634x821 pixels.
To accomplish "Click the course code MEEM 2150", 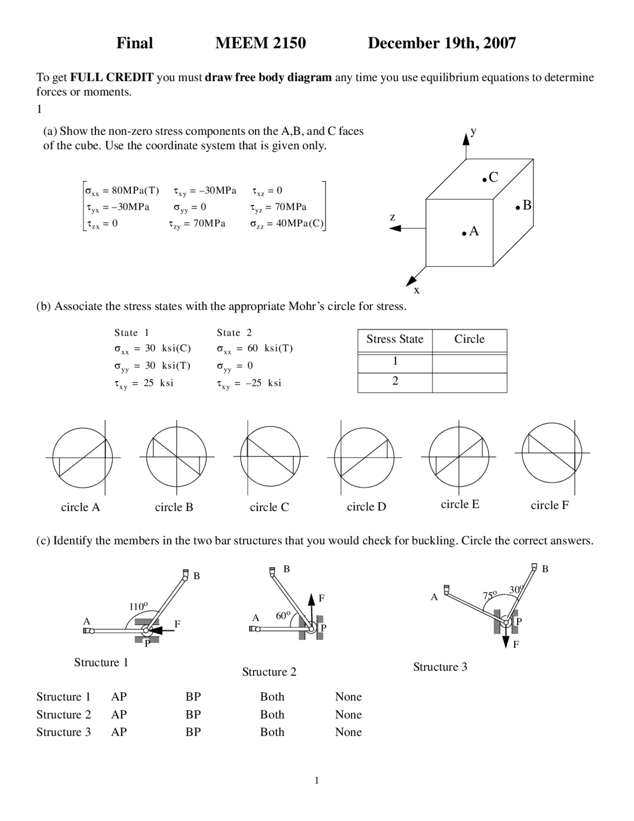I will point(261,43).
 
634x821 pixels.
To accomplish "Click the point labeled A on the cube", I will point(465,233).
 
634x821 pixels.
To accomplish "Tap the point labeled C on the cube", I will point(485,179).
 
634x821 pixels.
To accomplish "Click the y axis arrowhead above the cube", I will point(466,138).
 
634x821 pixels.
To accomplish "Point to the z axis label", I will point(392,217).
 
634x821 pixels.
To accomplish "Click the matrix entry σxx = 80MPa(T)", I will point(122,191).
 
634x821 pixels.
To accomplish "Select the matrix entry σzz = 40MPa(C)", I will point(287,224).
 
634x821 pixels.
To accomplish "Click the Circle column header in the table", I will point(469,339).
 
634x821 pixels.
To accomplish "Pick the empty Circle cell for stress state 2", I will point(469,382).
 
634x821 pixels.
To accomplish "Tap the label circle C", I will point(269,507).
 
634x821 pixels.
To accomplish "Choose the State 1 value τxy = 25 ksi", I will point(144,383).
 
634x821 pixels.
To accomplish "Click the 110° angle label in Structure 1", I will point(138,606).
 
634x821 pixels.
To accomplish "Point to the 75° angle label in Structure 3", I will point(489,595).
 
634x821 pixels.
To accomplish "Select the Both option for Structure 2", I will point(272,714).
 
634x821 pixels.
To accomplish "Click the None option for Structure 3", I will point(348,732).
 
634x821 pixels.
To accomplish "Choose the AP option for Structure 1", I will point(119,697).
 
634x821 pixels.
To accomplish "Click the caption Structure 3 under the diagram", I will point(440,667).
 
